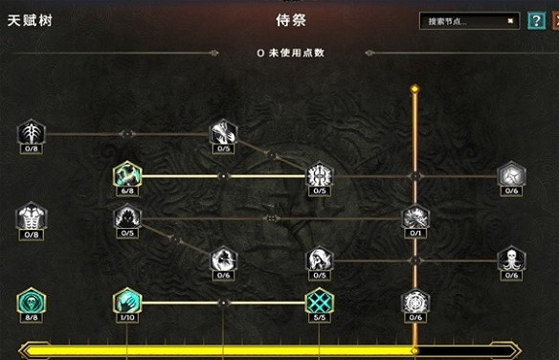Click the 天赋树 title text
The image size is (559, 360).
tap(28, 19)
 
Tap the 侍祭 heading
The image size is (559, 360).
tap(278, 19)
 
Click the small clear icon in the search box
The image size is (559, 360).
tap(510, 20)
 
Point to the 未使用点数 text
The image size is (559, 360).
tap(291, 53)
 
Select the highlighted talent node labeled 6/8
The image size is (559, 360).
tap(126, 173)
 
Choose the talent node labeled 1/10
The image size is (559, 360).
tap(126, 301)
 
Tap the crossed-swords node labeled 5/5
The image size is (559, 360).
tap(319, 301)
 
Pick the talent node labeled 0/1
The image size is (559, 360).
tap(414, 217)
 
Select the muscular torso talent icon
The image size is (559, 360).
tap(31, 217)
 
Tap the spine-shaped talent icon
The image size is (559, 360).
tap(31, 132)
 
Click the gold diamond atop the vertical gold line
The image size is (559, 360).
tap(414, 89)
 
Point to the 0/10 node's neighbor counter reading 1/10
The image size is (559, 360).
tap(126, 318)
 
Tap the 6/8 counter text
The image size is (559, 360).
tap(126, 191)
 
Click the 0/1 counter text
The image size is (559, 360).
tap(414, 234)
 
